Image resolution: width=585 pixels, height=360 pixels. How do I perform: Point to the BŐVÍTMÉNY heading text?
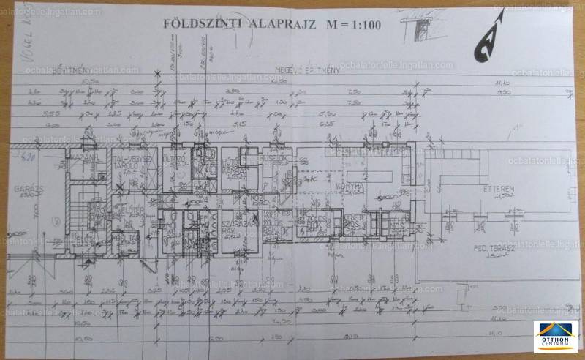click(39, 69)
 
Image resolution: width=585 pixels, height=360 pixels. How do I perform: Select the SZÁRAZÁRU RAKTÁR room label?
click(233, 227)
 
